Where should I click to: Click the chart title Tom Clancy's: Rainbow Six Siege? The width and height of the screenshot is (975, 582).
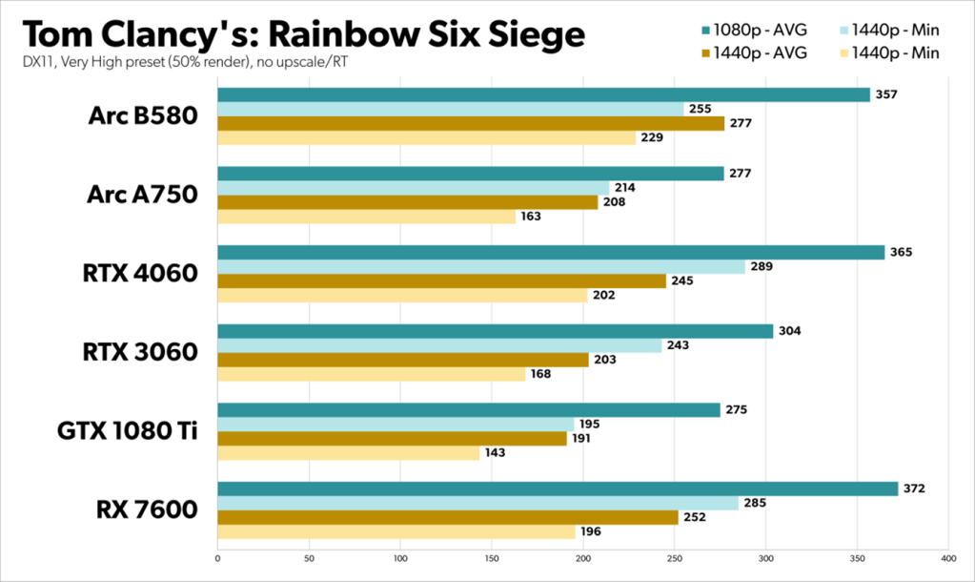click(x=303, y=34)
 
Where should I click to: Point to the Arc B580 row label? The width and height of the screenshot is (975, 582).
click(x=143, y=116)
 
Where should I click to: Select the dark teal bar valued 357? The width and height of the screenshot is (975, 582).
click(x=543, y=94)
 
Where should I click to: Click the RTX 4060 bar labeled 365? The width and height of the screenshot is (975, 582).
click(x=551, y=252)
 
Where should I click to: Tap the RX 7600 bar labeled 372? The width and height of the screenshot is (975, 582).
click(x=558, y=488)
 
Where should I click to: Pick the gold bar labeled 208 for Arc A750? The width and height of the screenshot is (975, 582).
click(x=407, y=202)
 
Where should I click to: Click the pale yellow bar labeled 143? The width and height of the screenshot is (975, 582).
click(x=348, y=453)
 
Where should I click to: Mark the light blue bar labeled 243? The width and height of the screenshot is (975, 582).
click(x=438, y=345)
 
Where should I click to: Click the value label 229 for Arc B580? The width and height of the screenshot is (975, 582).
click(x=652, y=138)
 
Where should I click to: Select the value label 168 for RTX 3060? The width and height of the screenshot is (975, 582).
click(x=540, y=375)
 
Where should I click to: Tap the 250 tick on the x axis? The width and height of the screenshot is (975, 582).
click(x=674, y=556)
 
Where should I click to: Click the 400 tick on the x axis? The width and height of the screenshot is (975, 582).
click(x=947, y=556)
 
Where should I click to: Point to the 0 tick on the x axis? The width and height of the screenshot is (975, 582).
click(x=218, y=556)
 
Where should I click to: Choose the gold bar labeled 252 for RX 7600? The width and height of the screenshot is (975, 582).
click(x=448, y=517)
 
